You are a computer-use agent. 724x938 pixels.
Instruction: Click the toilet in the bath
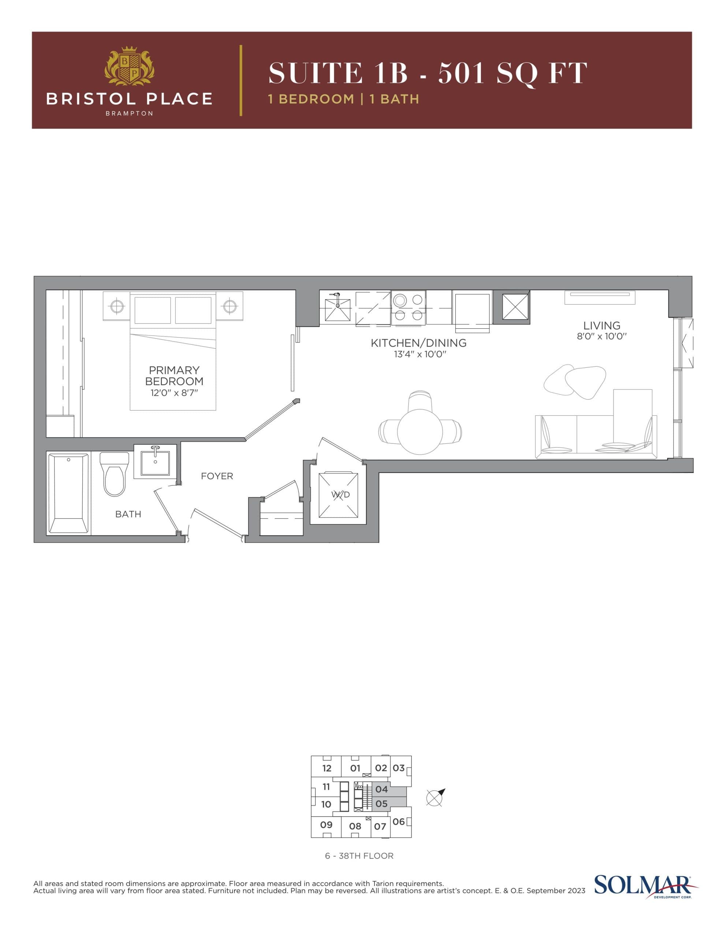(x=114, y=474)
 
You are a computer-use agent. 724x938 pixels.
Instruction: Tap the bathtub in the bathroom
(x=69, y=493)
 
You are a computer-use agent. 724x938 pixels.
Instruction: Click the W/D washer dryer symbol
(x=339, y=494)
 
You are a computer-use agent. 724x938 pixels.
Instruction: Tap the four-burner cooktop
(x=408, y=307)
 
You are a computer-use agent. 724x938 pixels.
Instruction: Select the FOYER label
(x=217, y=476)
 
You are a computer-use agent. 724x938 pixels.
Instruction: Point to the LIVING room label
(x=601, y=325)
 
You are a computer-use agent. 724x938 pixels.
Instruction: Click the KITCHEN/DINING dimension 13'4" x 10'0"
(x=420, y=354)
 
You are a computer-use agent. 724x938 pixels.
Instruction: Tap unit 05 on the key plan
(x=381, y=804)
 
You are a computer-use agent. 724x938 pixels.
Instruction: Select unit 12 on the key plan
(x=326, y=768)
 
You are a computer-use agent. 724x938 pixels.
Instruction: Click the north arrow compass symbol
(x=436, y=798)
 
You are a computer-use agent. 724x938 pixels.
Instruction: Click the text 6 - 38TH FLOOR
(x=359, y=856)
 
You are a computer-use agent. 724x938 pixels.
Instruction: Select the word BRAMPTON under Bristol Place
(x=129, y=113)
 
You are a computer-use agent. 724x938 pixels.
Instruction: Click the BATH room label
(x=128, y=514)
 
